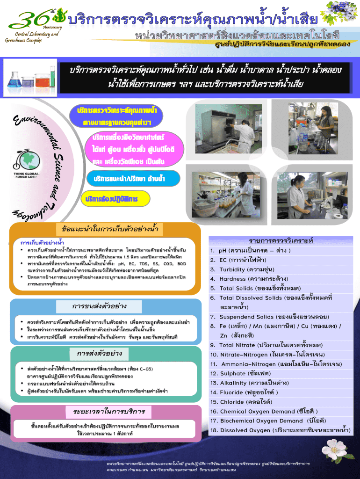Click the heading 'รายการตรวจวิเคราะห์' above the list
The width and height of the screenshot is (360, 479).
coord(281,240)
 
